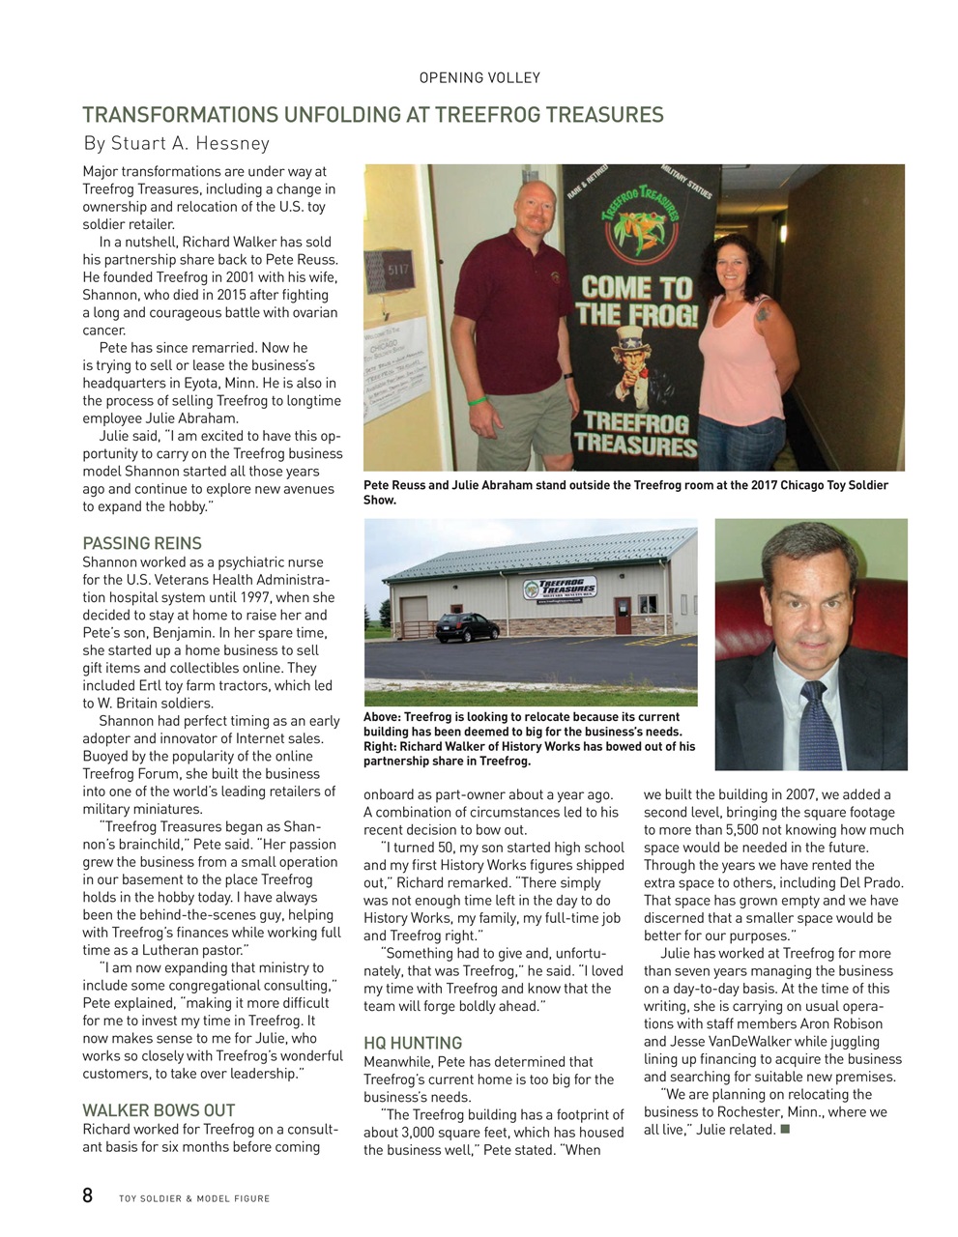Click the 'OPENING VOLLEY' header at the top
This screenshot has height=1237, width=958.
[x=479, y=77]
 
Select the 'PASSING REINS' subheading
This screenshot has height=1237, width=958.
[x=142, y=543]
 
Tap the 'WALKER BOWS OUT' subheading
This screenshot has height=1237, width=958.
[x=159, y=1110]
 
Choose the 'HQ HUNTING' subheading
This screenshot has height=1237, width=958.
[x=413, y=1043]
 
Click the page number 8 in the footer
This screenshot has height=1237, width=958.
[x=88, y=1196]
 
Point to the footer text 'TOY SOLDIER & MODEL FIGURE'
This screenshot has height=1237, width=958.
[x=194, y=1198]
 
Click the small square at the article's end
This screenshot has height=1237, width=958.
[x=784, y=1129]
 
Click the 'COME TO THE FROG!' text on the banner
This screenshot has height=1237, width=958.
[x=636, y=301]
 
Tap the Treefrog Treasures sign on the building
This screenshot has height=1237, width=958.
[x=559, y=590]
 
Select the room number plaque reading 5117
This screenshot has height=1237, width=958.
[x=397, y=271]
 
